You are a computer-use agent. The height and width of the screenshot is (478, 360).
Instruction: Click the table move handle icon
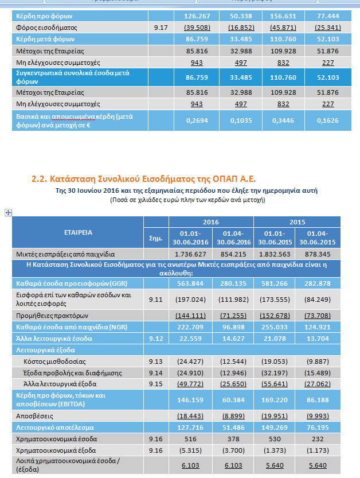click(x=9, y=212)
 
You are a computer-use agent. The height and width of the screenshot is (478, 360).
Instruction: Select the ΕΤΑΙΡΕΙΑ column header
click(x=79, y=232)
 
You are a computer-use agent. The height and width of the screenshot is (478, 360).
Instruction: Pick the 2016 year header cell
click(x=211, y=222)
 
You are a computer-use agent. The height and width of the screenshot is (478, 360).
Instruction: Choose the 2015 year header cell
click(x=296, y=222)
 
